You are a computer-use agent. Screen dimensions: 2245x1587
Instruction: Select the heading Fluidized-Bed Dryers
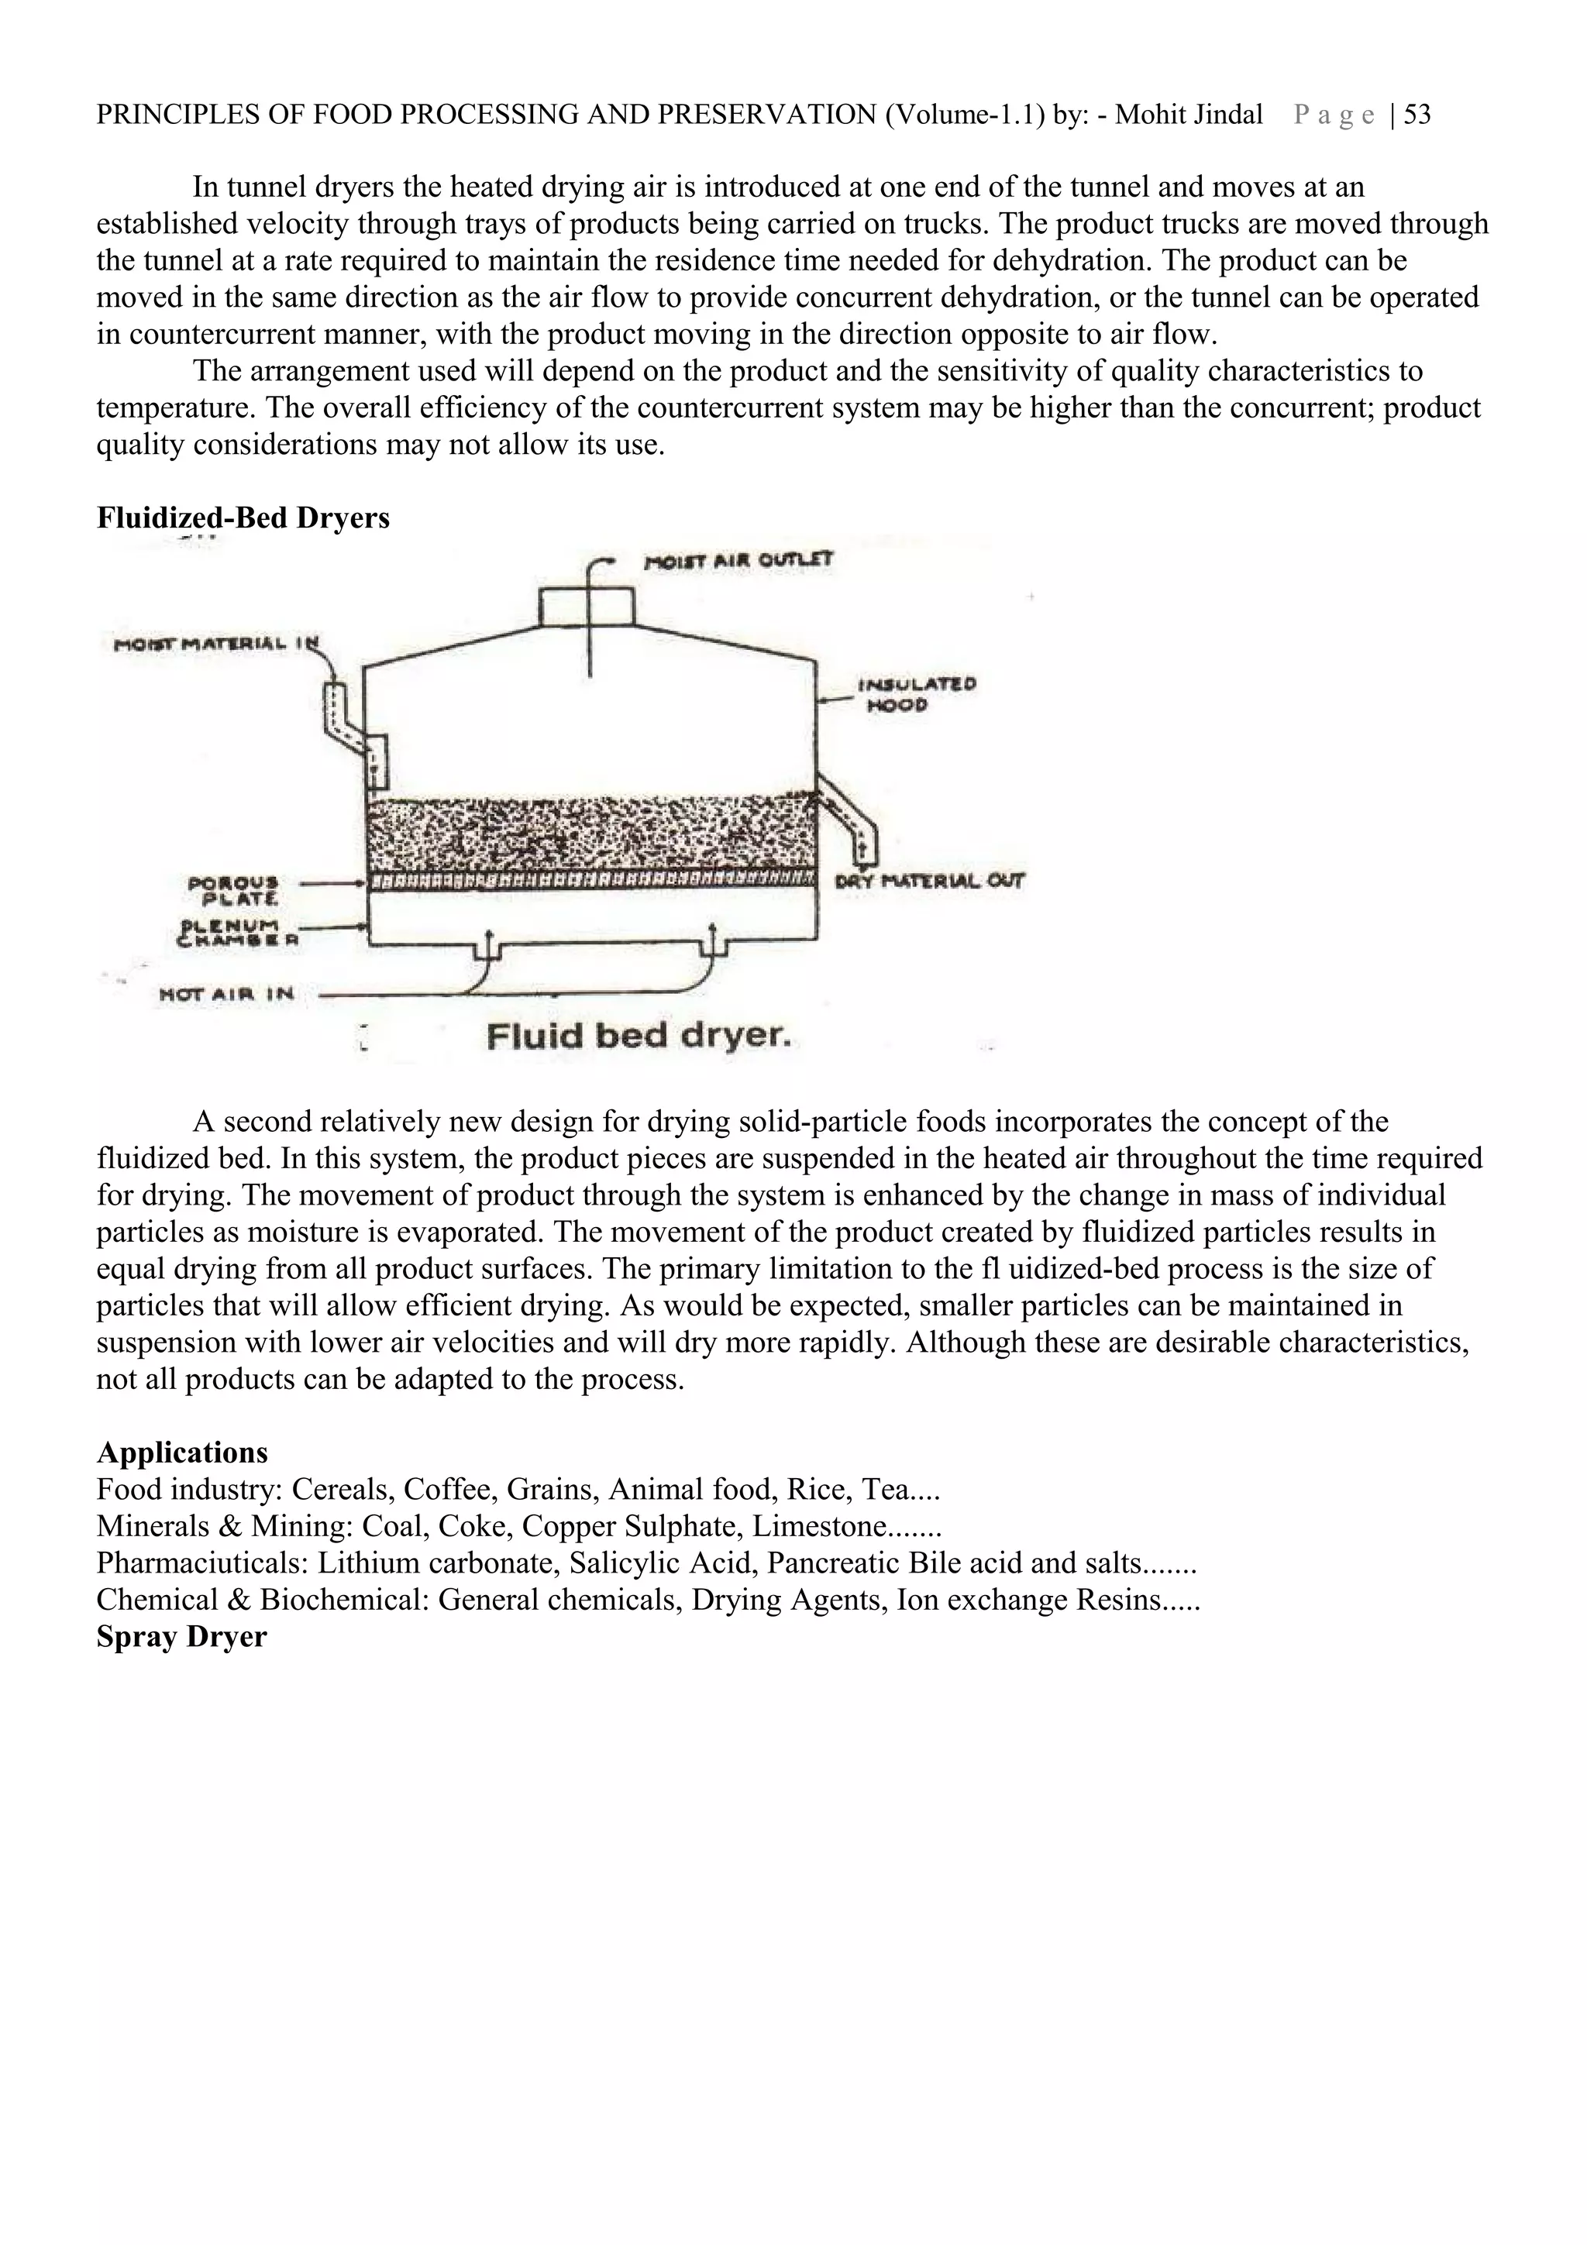[x=243, y=517]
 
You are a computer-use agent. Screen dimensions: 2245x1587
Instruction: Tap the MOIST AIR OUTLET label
[x=738, y=560]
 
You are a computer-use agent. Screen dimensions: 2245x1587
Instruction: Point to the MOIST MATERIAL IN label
[x=216, y=645]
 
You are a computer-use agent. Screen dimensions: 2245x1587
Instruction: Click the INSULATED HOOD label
[x=916, y=694]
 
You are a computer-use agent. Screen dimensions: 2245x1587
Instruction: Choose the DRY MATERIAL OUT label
[x=929, y=880]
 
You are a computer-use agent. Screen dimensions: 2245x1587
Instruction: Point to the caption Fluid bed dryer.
[x=639, y=1036]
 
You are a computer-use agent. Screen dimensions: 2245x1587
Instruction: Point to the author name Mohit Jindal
[x=1189, y=115]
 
